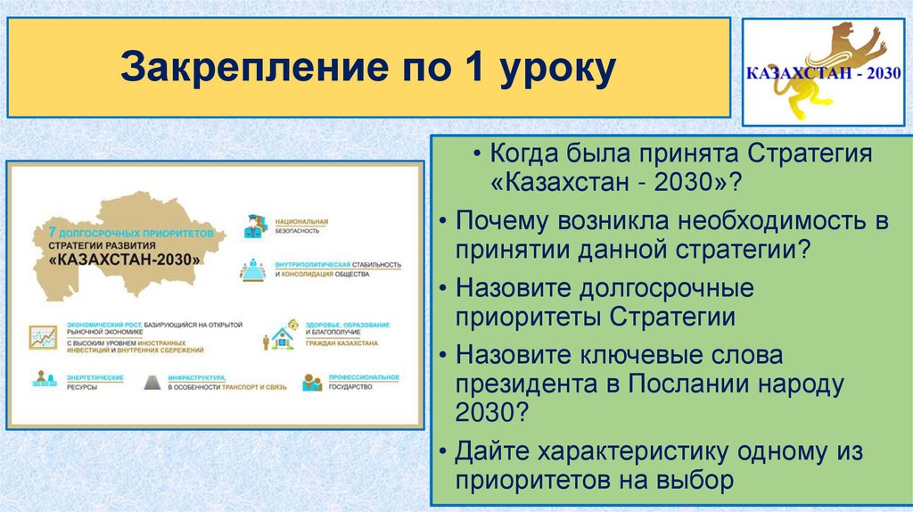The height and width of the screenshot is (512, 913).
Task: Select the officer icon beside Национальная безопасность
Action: pyautogui.click(x=254, y=226)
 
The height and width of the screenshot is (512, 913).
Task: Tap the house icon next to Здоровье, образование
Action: pyautogui.click(x=284, y=338)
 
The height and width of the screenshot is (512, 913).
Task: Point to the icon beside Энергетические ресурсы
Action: pyautogui.click(x=42, y=382)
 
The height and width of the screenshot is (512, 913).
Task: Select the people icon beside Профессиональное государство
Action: pyautogui.click(x=312, y=382)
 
